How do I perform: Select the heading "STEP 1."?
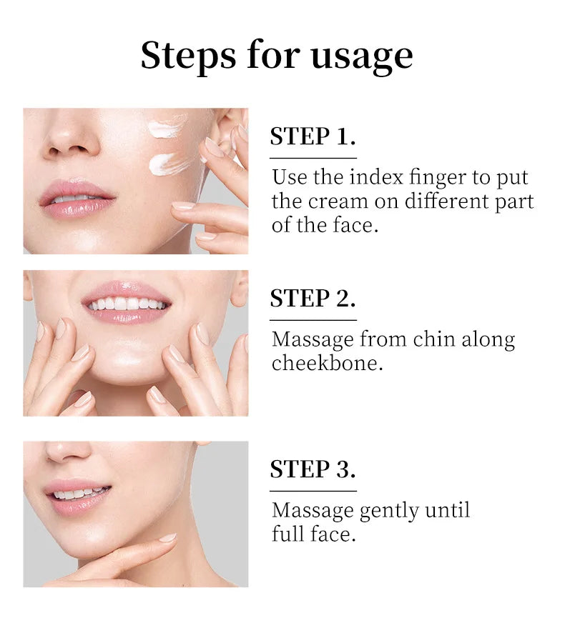[313, 136]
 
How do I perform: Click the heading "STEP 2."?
[313, 298]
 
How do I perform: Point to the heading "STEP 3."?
[313, 469]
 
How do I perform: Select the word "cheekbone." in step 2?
[327, 363]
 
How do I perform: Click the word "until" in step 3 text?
[448, 509]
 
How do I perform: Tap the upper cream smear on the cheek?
[166, 127]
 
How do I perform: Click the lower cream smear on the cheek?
[167, 164]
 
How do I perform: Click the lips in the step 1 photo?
[77, 199]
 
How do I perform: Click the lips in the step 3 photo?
[78, 497]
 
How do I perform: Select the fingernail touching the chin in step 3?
[167, 537]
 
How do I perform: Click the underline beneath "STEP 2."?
[313, 320]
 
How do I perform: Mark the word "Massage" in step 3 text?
[313, 512]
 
